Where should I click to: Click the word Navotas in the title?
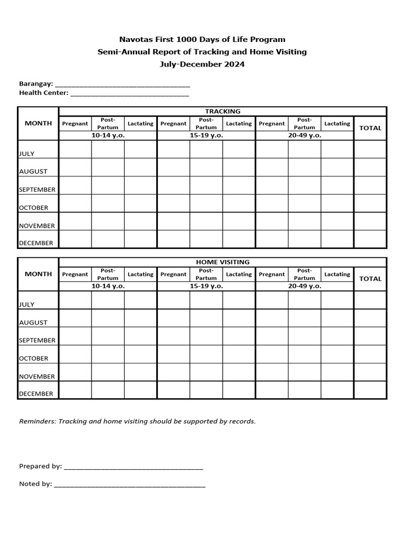coord(135,40)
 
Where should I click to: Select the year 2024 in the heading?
coord(233,64)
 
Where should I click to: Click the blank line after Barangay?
coord(122,85)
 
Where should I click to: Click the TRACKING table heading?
coord(222,111)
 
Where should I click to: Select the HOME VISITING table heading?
coord(222,262)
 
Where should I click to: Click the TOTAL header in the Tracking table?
coord(370,128)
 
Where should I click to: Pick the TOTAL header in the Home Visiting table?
coord(370,278)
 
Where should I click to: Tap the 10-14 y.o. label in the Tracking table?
coord(108,135)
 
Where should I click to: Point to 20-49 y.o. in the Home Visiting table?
coord(304,286)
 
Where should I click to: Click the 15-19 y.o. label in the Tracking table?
coord(206,135)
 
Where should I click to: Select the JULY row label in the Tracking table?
coord(27,154)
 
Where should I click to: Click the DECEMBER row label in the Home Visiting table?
coord(36,393)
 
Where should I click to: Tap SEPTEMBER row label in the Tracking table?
coord(37,190)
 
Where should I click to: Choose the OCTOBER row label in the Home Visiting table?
coord(34,359)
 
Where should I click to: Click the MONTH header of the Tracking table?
coord(38,123)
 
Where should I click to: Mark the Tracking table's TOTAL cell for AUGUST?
coord(370,167)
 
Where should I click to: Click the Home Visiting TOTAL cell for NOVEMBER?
coord(370,372)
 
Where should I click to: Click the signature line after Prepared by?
coord(133,467)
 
